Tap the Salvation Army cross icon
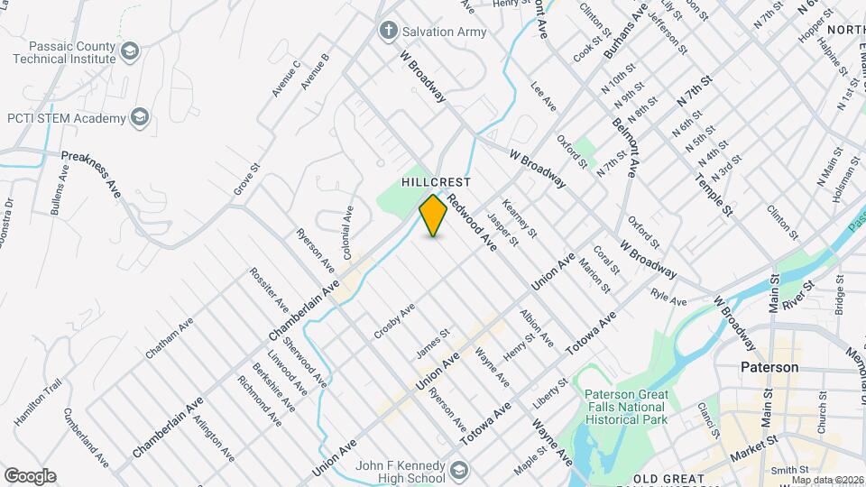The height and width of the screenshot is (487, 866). click(389, 32)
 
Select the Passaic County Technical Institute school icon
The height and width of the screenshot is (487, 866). click(130, 50)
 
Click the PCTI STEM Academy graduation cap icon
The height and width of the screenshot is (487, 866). click(140, 117)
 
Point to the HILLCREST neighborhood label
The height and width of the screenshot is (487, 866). click(437, 181)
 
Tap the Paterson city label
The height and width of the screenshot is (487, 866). click(769, 368)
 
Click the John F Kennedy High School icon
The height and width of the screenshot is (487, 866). click(460, 469)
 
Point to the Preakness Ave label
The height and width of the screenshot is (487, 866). click(92, 175)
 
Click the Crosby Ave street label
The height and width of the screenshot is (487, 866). click(395, 322)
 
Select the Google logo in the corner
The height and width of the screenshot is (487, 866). click(29, 476)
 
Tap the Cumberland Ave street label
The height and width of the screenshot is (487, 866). click(87, 438)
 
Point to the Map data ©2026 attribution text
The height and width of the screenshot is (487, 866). click(825, 479)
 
